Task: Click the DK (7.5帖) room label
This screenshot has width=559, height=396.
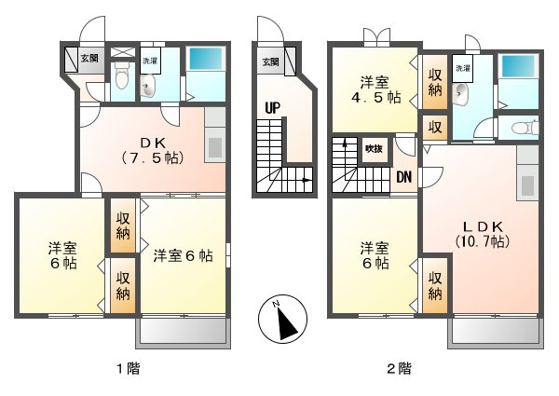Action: coord(153,150)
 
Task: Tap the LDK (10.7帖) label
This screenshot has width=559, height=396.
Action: coord(483,235)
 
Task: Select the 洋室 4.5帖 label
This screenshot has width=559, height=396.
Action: coord(375,90)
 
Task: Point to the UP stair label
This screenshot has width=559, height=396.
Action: coord(273,108)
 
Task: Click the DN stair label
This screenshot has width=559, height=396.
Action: coord(404,177)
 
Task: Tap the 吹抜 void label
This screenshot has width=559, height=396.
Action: coord(374,149)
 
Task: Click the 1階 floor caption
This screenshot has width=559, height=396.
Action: coord(129,368)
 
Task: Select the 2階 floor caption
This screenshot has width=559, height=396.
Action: coord(400,368)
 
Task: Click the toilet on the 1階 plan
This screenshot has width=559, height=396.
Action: coord(122,75)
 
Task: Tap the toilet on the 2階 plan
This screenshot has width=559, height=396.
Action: coord(525,128)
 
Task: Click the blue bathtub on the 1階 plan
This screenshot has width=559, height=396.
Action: coord(206,59)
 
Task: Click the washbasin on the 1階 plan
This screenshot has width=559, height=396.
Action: coord(147,87)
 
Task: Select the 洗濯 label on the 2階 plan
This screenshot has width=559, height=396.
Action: coord(463,68)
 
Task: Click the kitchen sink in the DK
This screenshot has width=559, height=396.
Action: coord(214,147)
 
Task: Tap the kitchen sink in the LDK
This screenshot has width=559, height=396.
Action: coord(527,185)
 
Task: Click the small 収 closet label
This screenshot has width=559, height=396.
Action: coord(435,128)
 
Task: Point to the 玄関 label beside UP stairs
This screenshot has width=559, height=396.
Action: coord(270,62)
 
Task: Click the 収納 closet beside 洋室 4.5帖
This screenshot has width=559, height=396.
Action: coord(434,82)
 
